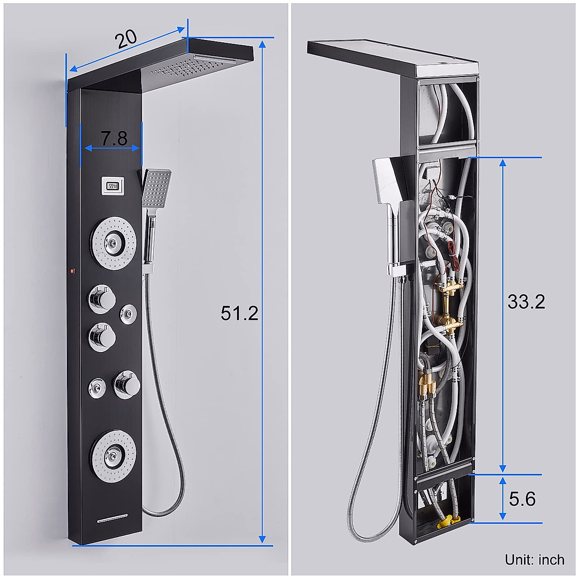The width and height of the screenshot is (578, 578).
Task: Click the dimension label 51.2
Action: (239, 314)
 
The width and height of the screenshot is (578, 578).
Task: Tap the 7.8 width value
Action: (114, 139)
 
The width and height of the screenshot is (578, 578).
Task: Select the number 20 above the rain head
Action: (126, 39)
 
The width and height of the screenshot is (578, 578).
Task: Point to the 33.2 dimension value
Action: (526, 302)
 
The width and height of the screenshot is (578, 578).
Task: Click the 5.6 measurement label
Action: (522, 499)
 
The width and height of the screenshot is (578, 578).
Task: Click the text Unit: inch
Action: (535, 560)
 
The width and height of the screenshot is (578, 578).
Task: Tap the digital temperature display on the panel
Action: (113, 185)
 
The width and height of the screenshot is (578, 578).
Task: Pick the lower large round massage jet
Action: (113, 453)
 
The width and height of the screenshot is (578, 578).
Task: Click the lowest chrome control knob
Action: (126, 383)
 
